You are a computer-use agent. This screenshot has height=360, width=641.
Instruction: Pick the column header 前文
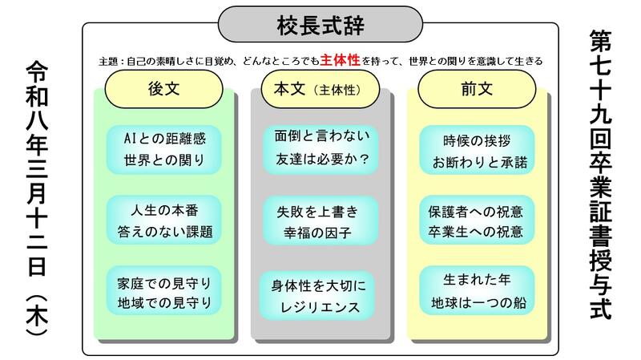click(x=476, y=91)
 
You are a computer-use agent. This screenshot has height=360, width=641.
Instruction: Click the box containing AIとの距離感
click(x=164, y=148)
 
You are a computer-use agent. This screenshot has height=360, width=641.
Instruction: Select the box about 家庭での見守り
click(x=164, y=293)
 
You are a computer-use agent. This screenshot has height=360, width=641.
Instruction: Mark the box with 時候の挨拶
click(x=478, y=148)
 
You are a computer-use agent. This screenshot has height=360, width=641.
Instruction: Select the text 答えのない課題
click(x=164, y=232)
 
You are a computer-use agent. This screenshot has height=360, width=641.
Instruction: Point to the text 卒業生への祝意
click(x=478, y=232)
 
